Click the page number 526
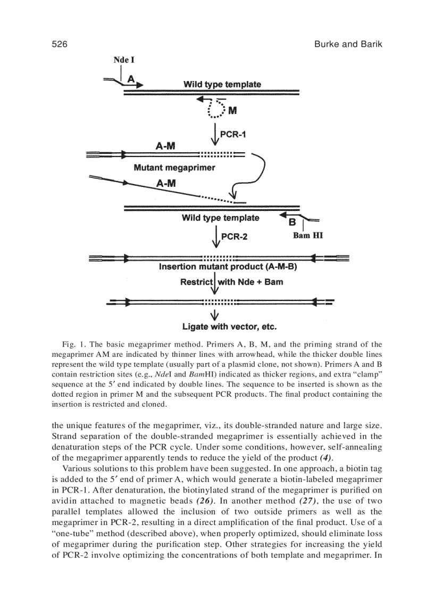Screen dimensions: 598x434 [x=59, y=44]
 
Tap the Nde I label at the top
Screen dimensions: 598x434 [x=124, y=60]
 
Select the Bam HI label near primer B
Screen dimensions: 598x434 [x=307, y=235]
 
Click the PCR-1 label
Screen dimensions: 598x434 [x=233, y=135]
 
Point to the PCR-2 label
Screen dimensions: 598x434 [x=234, y=236]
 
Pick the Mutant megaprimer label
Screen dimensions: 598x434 [x=174, y=168]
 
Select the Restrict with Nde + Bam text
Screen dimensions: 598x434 [x=231, y=282]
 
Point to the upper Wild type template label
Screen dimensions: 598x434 [x=222, y=84]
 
